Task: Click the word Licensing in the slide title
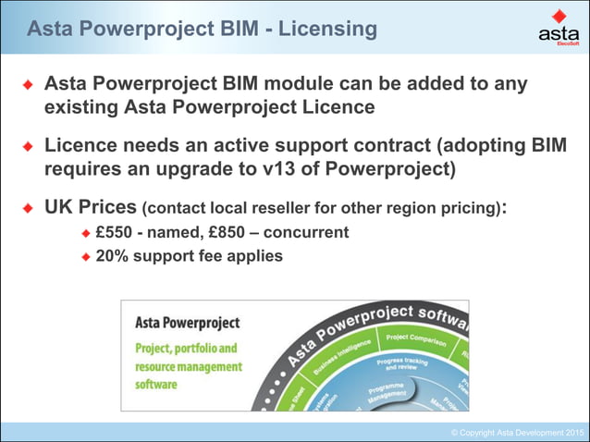(325, 29)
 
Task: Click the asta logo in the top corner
(558, 29)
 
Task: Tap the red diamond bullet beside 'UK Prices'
(29, 208)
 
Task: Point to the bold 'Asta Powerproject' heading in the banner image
(186, 324)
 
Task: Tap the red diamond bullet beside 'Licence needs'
(29, 148)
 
